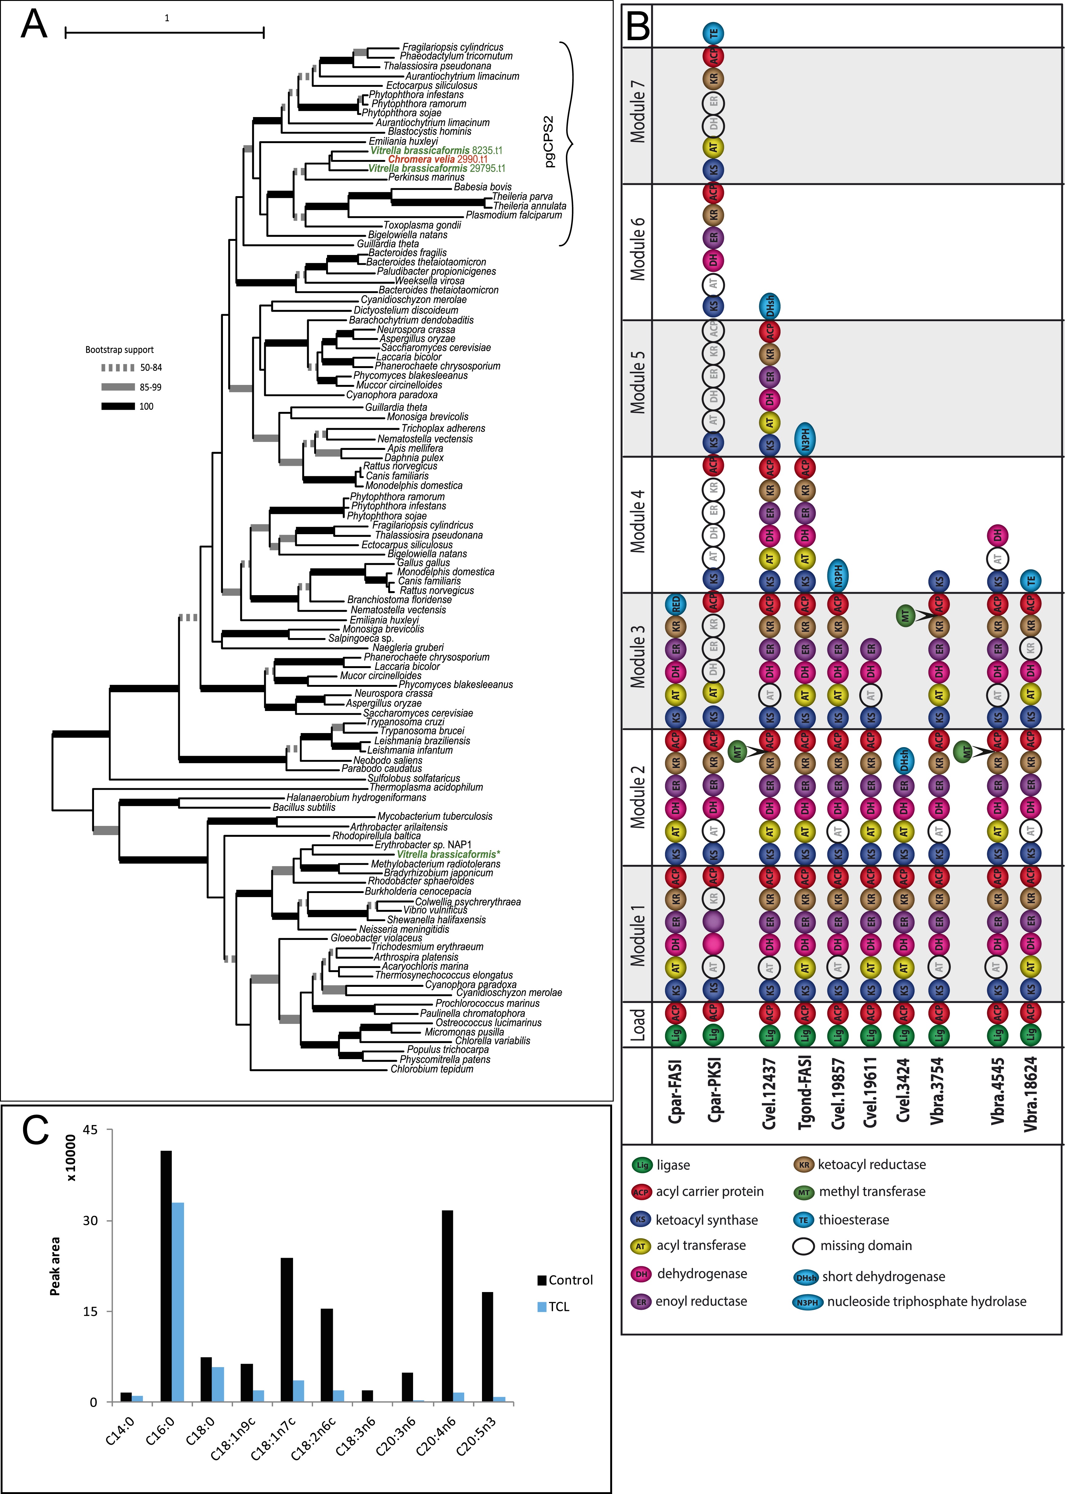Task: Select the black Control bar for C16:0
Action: tap(166, 1276)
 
